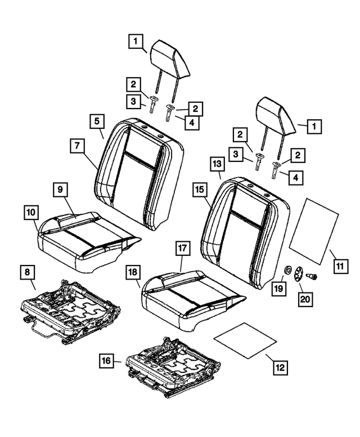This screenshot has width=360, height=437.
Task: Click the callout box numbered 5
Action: coord(97,121)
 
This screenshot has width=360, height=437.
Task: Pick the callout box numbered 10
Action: coord(31,212)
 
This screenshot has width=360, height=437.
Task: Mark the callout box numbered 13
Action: coord(218,164)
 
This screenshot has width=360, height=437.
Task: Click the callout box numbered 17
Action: coord(183,248)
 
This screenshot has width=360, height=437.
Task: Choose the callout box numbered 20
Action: coord(304,299)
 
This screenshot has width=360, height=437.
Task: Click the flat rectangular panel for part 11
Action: coord(314,229)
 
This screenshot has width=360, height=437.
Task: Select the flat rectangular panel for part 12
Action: coord(245,340)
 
